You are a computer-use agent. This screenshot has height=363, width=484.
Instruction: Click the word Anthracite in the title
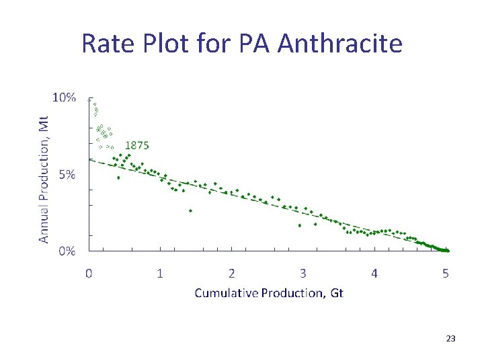pos(339,44)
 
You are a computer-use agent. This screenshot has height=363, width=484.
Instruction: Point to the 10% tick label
pos(65,97)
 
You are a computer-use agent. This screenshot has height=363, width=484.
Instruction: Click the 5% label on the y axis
pos(67,175)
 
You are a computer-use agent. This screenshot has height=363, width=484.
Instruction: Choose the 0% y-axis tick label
pos(67,251)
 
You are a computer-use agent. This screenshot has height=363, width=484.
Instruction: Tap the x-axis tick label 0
pos(89,273)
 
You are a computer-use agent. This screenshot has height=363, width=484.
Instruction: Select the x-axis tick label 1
pos(160,273)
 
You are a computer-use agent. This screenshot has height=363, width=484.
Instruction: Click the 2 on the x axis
pos(231,273)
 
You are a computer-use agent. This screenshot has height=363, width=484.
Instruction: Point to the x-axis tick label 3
pos(303,273)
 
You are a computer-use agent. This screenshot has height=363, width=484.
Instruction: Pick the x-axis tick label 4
pos(374,273)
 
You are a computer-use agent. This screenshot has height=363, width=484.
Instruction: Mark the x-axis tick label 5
pos(446,273)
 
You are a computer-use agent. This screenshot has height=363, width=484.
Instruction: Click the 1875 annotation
pos(137,145)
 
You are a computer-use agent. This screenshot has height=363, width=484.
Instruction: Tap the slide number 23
pos(450,339)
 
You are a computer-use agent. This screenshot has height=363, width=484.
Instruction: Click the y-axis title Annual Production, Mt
pos(44,179)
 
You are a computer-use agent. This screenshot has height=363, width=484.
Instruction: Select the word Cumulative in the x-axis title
pos(224,293)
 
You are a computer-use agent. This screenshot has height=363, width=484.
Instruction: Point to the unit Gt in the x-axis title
pos(335,293)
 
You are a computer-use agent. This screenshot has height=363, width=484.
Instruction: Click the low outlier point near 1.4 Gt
pos(190,210)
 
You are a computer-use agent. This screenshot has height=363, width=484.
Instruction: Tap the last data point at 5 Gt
pos(447,251)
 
